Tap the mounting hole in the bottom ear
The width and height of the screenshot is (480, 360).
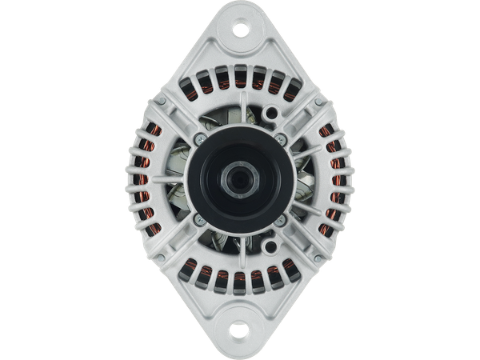(x=240, y=329)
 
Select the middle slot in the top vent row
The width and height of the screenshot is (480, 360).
(x=240, y=77)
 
